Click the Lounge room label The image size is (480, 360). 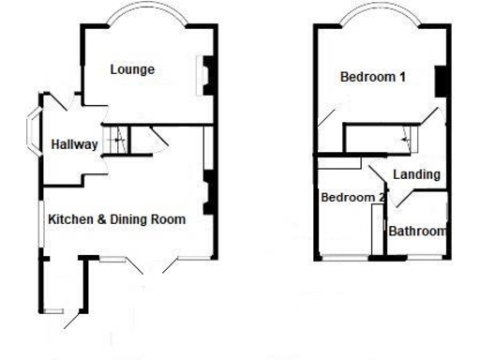pos(131,69)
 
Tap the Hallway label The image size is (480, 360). pos(74,144)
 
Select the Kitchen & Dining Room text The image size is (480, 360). pos(117,219)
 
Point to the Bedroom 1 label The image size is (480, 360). pos(372,77)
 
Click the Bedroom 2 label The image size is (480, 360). pos(352,198)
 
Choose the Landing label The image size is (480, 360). pos(416,174)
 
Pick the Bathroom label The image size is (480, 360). pos(418,231)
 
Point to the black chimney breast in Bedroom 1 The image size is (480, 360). pos(437,82)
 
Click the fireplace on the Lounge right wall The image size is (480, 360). pos(205,75)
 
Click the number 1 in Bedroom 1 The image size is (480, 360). pos(401,77)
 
